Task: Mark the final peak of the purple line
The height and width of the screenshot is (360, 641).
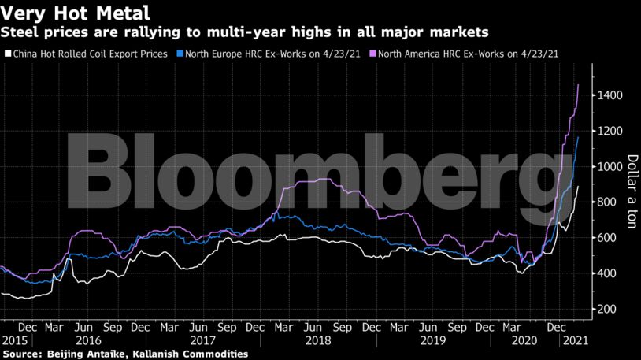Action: pos(580,84)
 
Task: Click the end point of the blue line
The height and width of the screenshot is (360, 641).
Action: pos(579,137)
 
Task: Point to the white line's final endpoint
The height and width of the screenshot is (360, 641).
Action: pos(579,187)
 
